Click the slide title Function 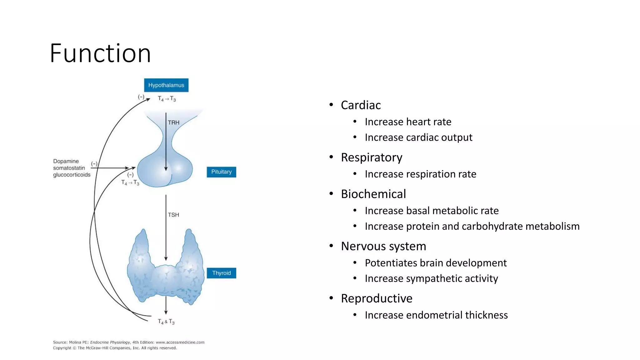pyautogui.click(x=100, y=53)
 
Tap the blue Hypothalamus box pyautogui.click(x=166, y=85)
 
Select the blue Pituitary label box pyautogui.click(x=221, y=172)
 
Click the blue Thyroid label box pyautogui.click(x=221, y=273)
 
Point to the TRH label pyautogui.click(x=174, y=122)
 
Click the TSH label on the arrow pyautogui.click(x=173, y=215)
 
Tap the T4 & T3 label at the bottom pyautogui.click(x=166, y=322)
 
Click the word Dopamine pyautogui.click(x=66, y=161)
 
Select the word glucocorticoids pyautogui.click(x=72, y=175)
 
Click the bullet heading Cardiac pyautogui.click(x=361, y=105)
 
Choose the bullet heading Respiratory pyautogui.click(x=371, y=157)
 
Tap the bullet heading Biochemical pyautogui.click(x=373, y=194)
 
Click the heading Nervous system pyautogui.click(x=383, y=246)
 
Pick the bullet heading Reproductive pyautogui.click(x=376, y=298)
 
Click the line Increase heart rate pyautogui.click(x=408, y=122)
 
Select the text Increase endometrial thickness pyautogui.click(x=436, y=315)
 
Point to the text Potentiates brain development pyautogui.click(x=435, y=263)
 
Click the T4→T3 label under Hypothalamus pyautogui.click(x=167, y=99)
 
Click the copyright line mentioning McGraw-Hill pyautogui.click(x=115, y=348)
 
